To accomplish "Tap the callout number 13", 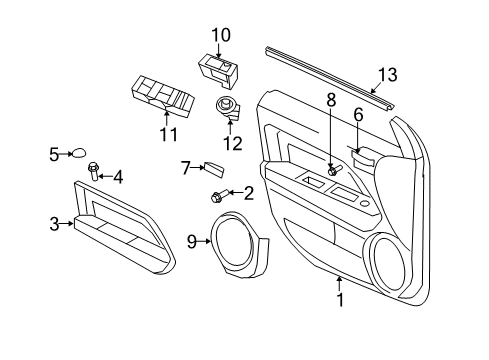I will (x=386, y=74).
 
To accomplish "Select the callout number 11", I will (x=169, y=134).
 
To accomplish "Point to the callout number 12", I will (x=233, y=143).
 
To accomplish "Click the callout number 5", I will (x=54, y=154).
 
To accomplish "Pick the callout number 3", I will (x=55, y=224).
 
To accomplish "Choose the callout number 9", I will (x=192, y=241).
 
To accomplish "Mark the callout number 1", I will (x=339, y=298).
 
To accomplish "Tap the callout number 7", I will (x=185, y=167).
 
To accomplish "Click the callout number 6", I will (x=358, y=116).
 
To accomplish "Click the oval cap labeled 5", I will (x=77, y=154).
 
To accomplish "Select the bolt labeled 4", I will (x=94, y=171).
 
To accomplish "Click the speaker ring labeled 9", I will (x=238, y=242).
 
